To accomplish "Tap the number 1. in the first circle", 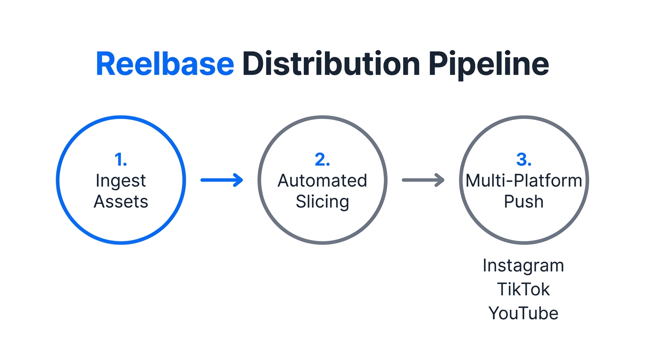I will click(121, 160).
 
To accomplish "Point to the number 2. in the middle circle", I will click(322, 160).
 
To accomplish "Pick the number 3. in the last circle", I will click(524, 160).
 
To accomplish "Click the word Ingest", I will click(121, 181).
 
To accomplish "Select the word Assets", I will click(121, 202).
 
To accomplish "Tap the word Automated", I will click(322, 180).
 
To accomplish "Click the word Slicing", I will click(322, 202).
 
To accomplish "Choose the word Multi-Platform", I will click(524, 180).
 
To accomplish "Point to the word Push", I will click(524, 202).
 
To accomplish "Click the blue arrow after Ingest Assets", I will click(222, 180).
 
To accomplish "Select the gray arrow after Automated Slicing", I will click(423, 180).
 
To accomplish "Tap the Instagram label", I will click(523, 266).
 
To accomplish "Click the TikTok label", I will click(523, 289).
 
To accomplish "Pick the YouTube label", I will click(523, 313).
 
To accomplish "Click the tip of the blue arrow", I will click(241, 180).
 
